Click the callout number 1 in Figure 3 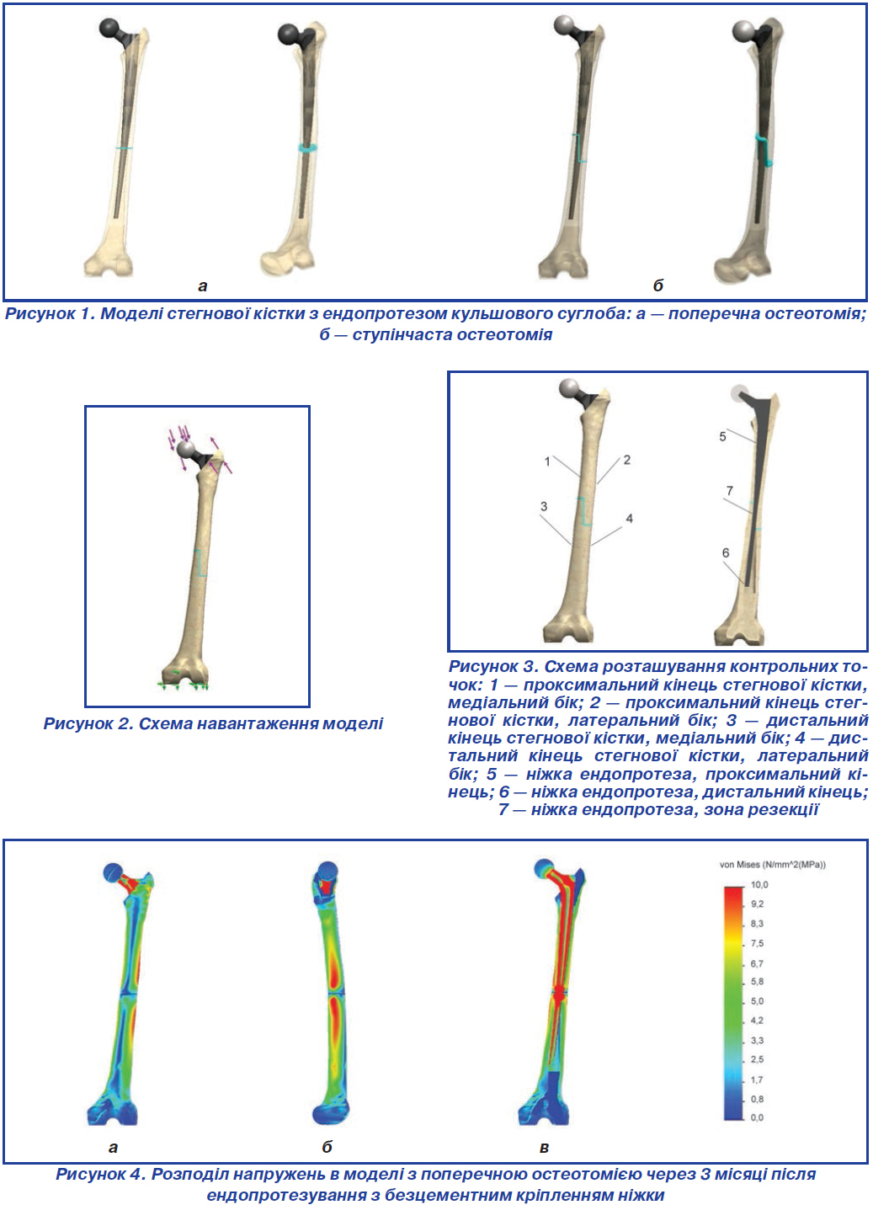(x=547, y=461)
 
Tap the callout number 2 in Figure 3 (x=626, y=460)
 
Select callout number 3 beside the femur (x=544, y=506)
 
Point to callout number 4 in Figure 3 (x=630, y=519)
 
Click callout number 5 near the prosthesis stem (x=722, y=437)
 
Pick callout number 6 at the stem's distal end (x=726, y=552)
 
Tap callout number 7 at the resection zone (x=729, y=491)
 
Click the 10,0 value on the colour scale (x=759, y=884)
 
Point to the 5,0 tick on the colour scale (x=757, y=1001)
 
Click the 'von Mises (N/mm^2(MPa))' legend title (x=773, y=865)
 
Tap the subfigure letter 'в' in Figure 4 (x=544, y=1148)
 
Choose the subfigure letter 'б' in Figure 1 (x=657, y=285)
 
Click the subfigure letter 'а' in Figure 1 (x=202, y=286)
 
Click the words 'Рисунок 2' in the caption (x=88, y=723)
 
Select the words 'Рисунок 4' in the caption (x=100, y=1175)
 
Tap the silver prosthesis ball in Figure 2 (x=186, y=450)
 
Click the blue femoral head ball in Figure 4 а (x=113, y=872)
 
